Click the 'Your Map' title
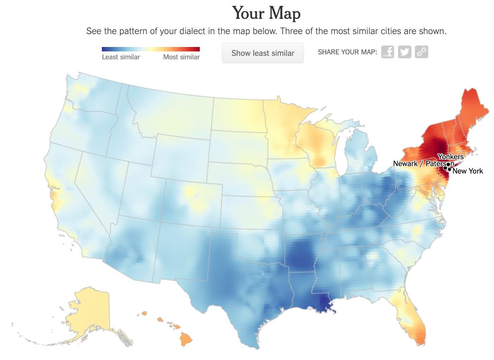click(266, 13)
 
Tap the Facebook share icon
click(388, 52)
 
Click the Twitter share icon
click(404, 52)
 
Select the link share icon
click(421, 52)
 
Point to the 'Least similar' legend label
click(121, 57)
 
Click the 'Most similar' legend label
click(181, 57)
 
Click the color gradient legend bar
click(151, 49)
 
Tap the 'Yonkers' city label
click(450, 157)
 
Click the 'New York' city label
click(468, 171)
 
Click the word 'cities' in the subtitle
click(390, 31)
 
